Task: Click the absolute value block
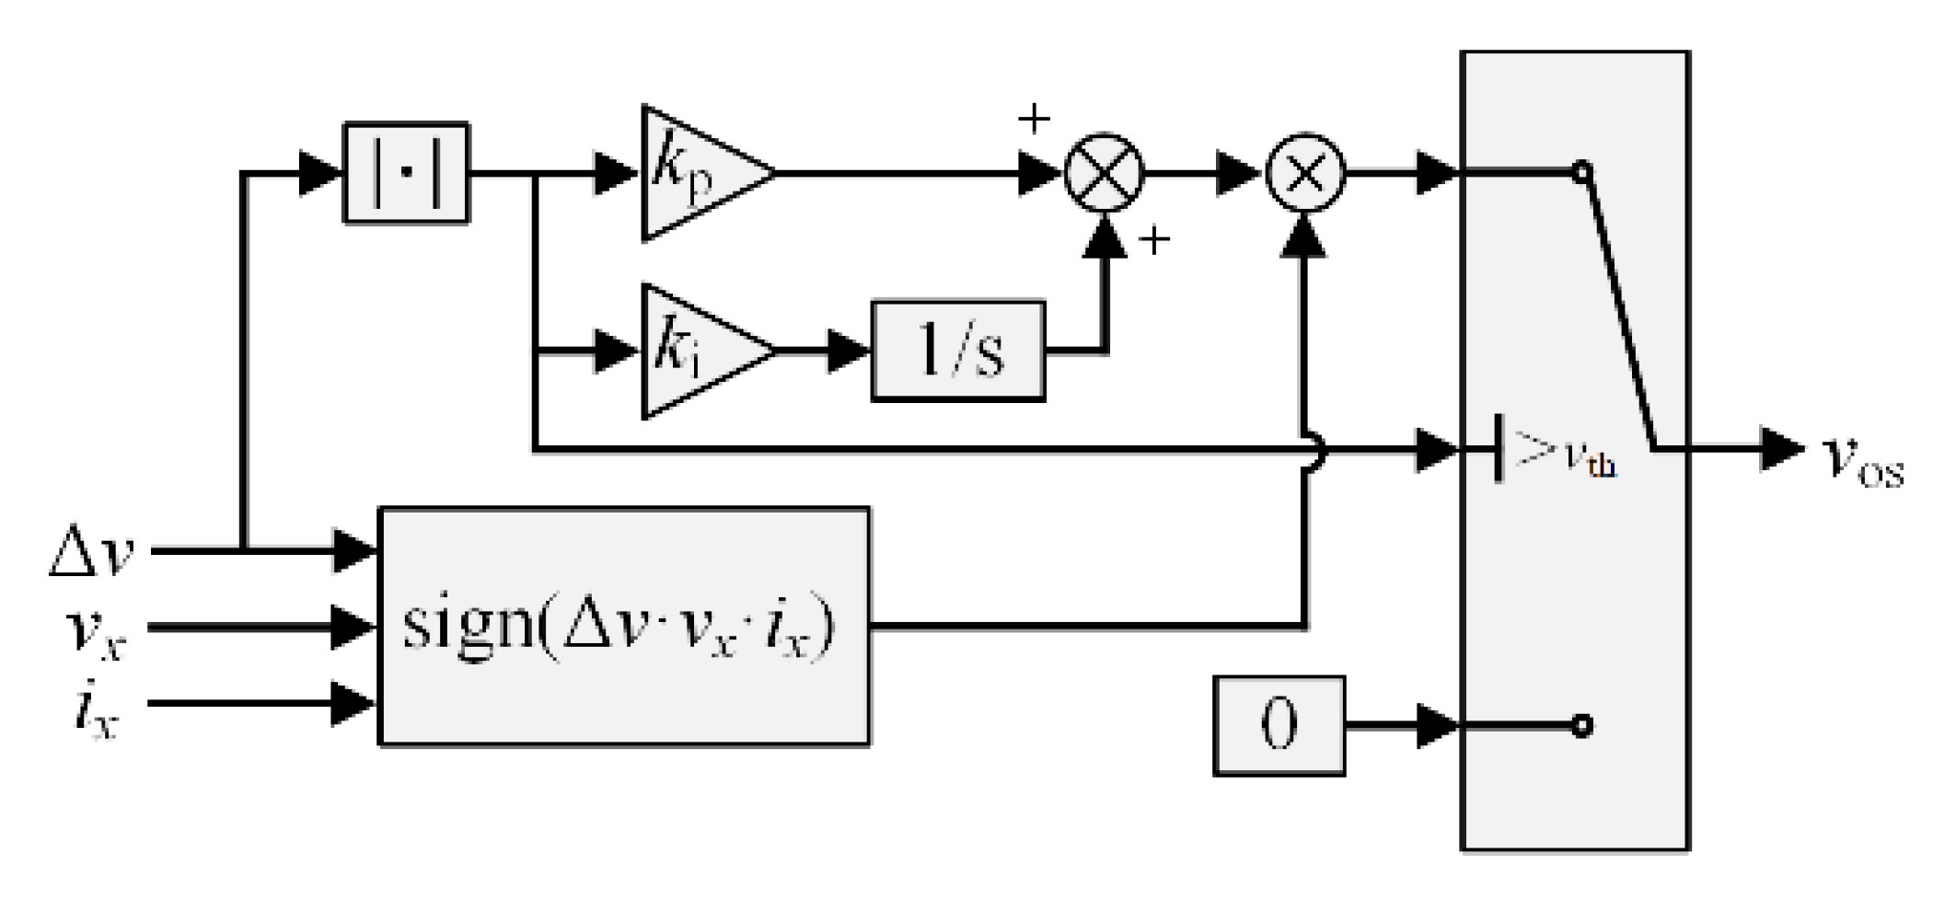pos(406,173)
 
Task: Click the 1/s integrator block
pos(957,351)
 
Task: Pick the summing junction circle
pos(1105,173)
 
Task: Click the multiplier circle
pos(1305,173)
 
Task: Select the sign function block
pos(624,626)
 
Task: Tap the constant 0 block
pos(1279,725)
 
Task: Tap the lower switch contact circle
pos(1581,726)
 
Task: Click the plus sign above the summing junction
pos(1034,119)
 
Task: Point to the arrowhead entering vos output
pos(1782,449)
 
